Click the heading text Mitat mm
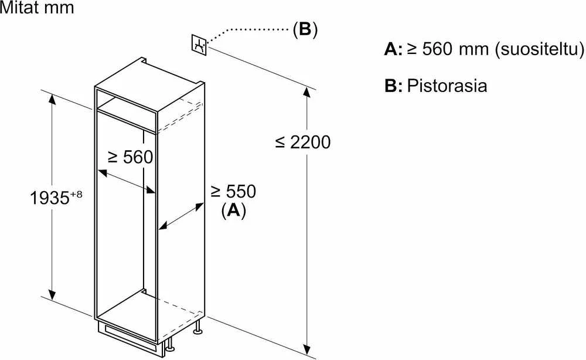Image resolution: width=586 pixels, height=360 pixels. [37, 8]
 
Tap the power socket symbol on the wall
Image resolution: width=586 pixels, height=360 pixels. [199, 45]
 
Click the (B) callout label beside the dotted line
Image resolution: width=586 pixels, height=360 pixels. [305, 29]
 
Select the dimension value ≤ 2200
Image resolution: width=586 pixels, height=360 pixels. [303, 142]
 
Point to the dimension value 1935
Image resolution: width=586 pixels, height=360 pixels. [50, 198]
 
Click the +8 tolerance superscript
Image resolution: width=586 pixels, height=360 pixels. [76, 195]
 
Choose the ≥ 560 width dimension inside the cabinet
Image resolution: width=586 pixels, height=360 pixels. [131, 157]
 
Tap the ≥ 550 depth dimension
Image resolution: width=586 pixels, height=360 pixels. [233, 191]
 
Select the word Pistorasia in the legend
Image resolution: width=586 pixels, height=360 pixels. [447, 86]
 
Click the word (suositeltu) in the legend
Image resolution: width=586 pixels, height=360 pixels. [540, 49]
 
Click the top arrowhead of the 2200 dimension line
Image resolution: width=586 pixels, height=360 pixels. [307, 92]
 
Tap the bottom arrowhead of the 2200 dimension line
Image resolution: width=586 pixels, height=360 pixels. [307, 349]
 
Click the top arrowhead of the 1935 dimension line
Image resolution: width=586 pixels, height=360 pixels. [52, 100]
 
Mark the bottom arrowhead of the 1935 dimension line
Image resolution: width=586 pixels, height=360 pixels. [52, 294]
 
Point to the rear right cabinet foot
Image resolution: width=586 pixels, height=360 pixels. [197, 326]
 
